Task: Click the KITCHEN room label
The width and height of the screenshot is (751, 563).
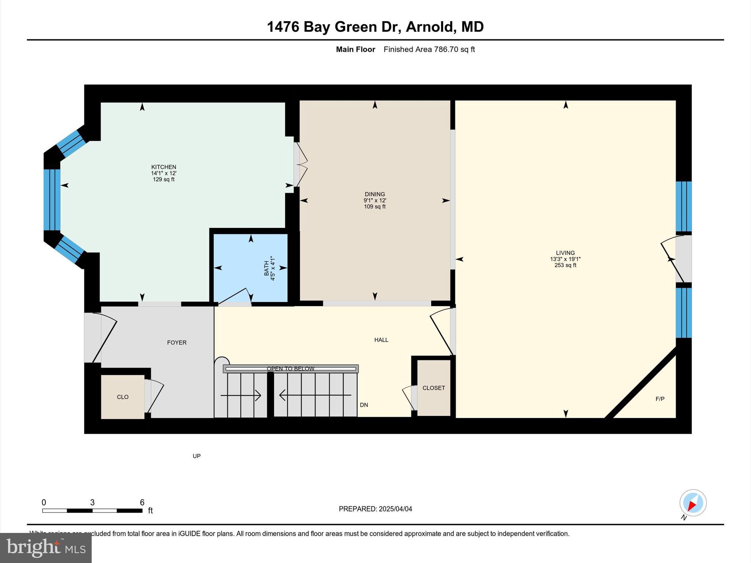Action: (164, 167)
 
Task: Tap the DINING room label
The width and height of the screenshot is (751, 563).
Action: (374, 194)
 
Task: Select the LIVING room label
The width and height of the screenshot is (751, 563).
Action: (565, 253)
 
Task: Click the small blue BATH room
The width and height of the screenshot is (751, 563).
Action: (251, 268)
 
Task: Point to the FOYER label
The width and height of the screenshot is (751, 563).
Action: (177, 343)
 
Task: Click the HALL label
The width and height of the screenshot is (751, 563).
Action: (381, 340)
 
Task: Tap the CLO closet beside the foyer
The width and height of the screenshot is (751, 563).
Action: (122, 397)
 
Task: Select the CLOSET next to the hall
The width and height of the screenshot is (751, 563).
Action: (433, 388)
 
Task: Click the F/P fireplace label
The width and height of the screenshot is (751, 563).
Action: (660, 399)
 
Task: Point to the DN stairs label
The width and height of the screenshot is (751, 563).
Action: (364, 405)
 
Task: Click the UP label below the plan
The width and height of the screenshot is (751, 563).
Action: (197, 456)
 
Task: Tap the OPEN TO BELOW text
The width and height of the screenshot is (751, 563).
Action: (290, 369)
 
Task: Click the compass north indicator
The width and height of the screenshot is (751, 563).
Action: (692, 503)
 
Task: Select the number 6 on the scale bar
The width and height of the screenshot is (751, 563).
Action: (142, 503)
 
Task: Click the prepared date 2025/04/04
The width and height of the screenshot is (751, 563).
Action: (395, 509)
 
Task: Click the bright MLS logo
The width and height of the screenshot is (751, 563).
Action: (46, 548)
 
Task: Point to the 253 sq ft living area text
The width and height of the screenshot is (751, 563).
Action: (565, 265)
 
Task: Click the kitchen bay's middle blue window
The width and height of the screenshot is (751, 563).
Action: (52, 200)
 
